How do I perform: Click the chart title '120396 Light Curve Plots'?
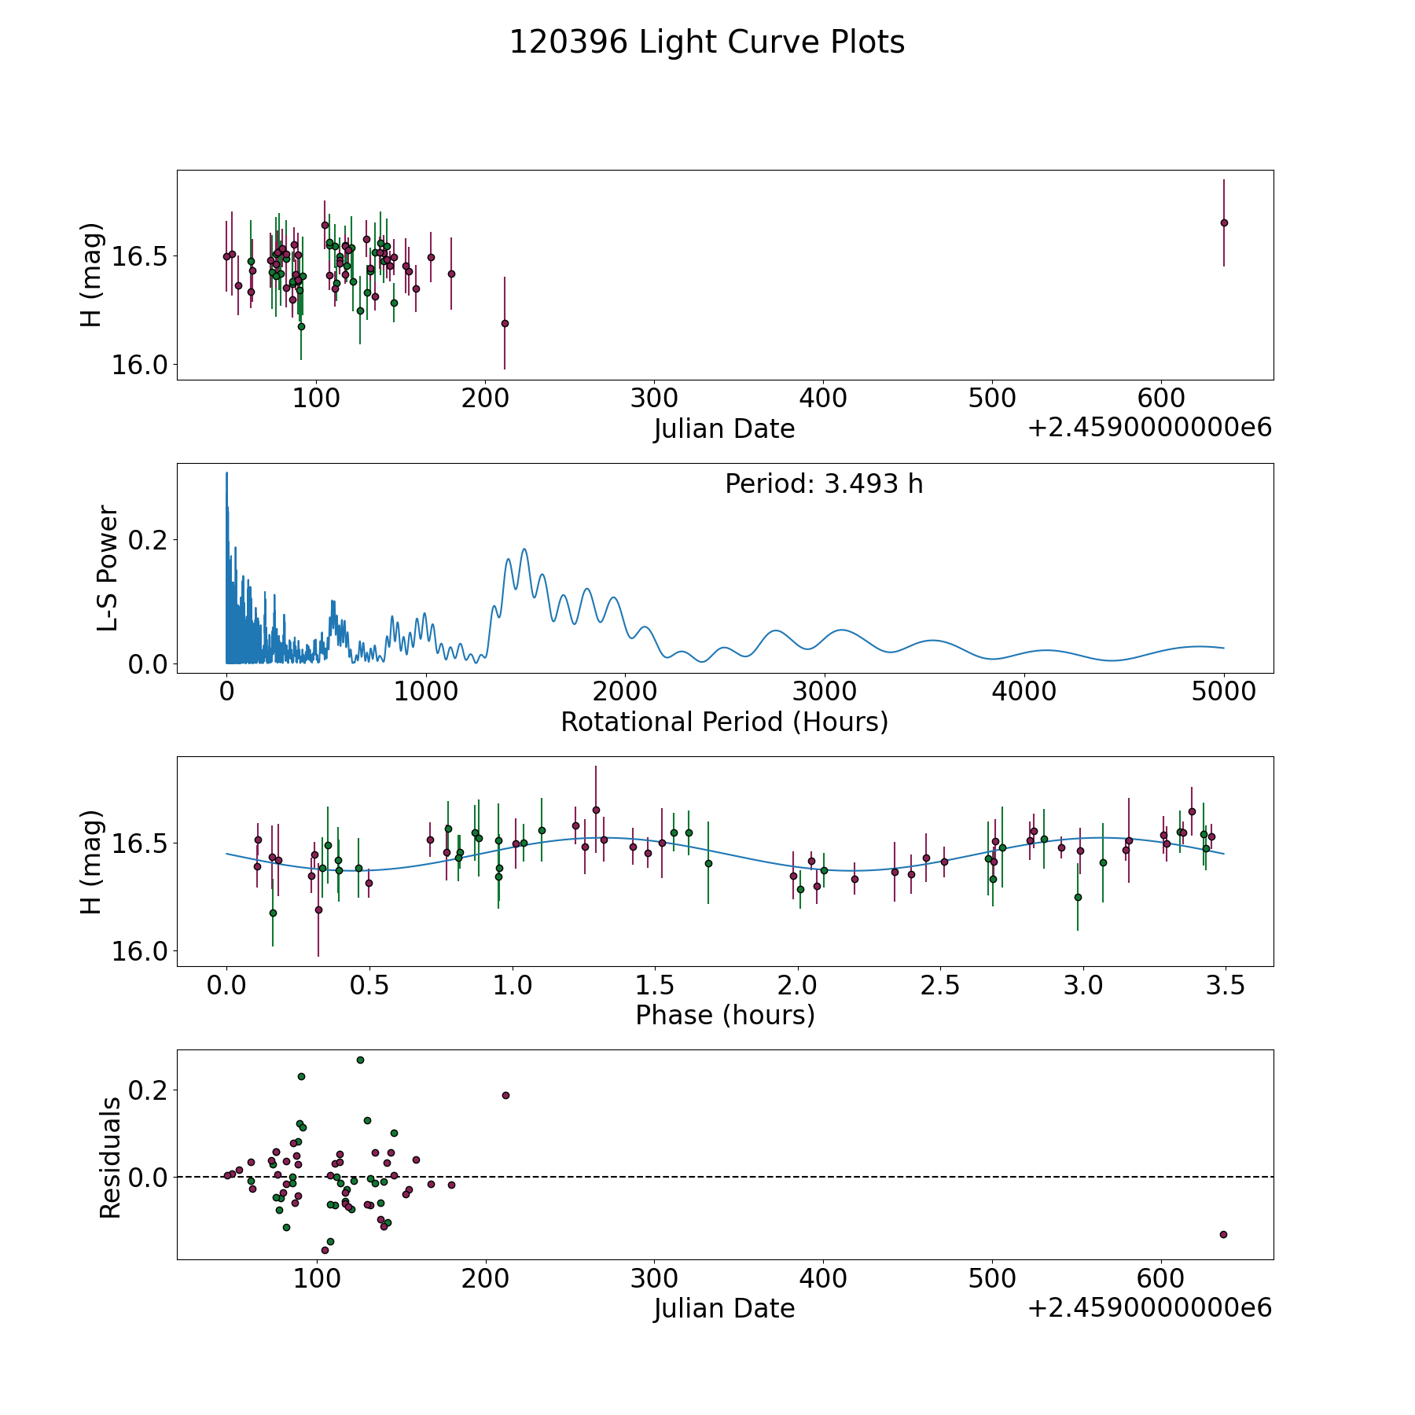(707, 42)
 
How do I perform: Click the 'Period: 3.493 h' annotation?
(824, 484)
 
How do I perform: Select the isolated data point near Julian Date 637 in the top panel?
(1224, 222)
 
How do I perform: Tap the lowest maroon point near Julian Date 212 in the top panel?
(505, 323)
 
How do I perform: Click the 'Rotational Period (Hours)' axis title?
(724, 722)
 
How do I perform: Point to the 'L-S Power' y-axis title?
(108, 568)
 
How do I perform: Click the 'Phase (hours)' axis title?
(725, 1015)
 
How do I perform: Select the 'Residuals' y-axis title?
(110, 1157)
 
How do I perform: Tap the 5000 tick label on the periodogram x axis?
(1224, 691)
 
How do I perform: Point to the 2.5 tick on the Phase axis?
(940, 984)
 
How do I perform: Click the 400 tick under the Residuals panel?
(823, 1278)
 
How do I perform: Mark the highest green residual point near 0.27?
(360, 1060)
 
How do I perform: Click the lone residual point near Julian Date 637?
(1223, 1234)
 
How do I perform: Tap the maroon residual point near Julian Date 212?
(505, 1095)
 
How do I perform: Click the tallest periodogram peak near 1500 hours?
(524, 549)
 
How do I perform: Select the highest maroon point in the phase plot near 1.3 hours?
(596, 810)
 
